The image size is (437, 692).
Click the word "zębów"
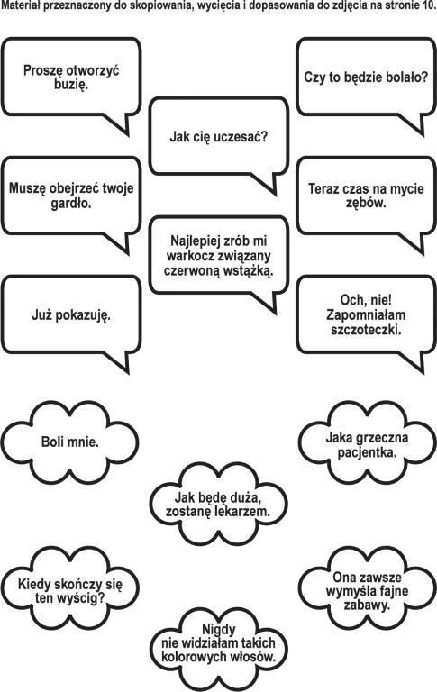pos(365,204)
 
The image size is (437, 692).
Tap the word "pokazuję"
pos(81,315)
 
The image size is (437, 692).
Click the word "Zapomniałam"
pos(366,314)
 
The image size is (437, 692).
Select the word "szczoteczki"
pos(365,329)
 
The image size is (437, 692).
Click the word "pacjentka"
pos(366,453)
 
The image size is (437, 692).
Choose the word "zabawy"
pos(366,605)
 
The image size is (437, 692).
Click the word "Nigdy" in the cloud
pos(218,629)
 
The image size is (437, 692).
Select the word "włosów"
pos(252,656)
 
